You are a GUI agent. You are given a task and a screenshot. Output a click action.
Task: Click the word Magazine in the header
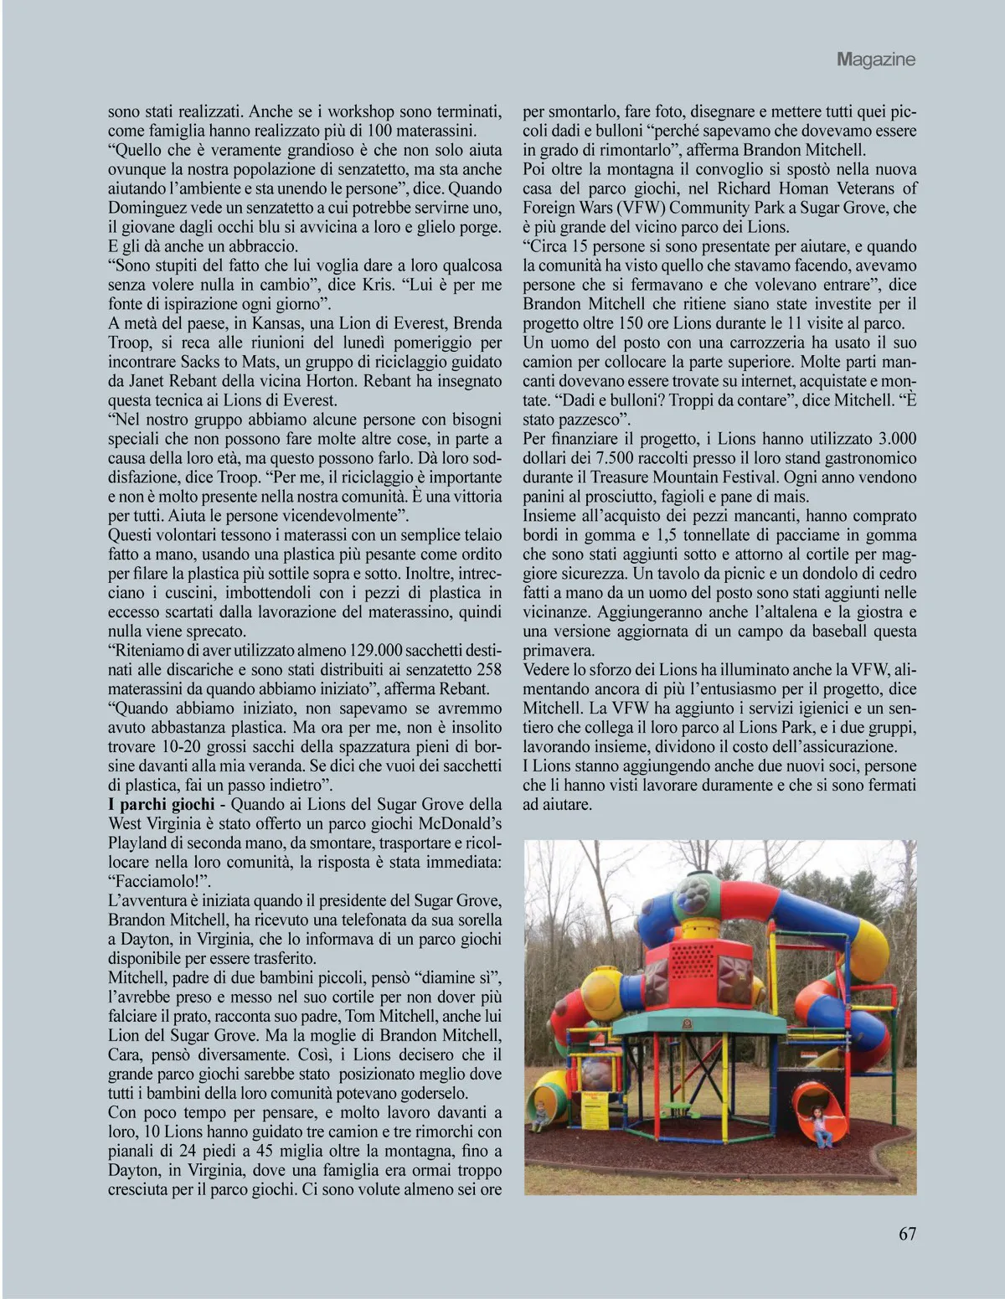coord(875,59)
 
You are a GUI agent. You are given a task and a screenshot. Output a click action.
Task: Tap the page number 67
coord(907,1234)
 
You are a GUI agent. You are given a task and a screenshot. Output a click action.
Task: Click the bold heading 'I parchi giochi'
coord(159,804)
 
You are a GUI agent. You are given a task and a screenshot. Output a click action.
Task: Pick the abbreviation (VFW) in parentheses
coord(647,207)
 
